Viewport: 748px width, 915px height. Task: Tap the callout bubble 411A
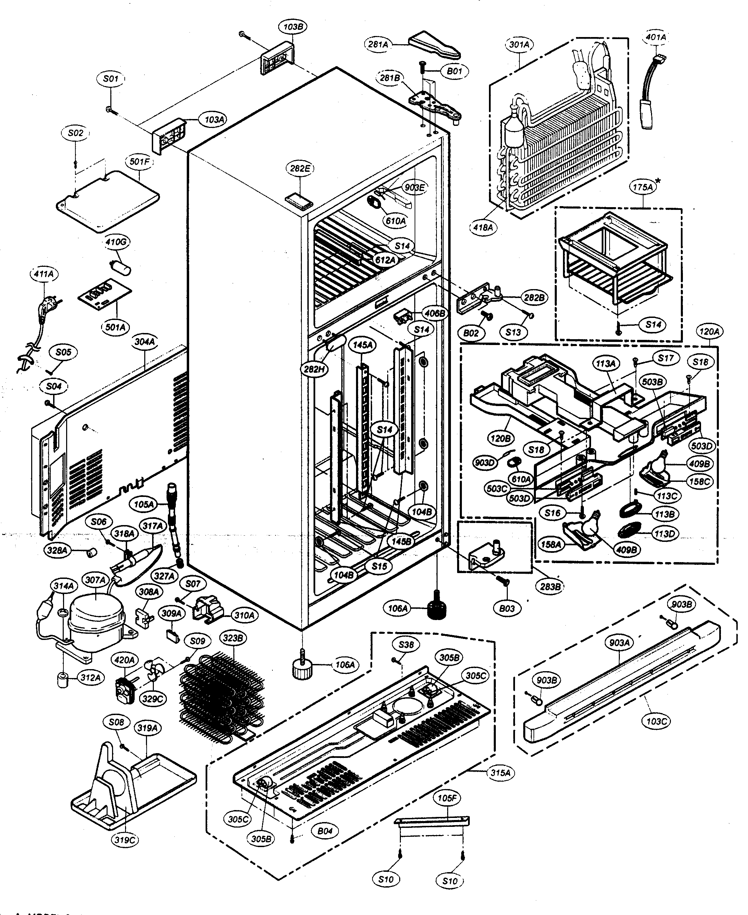[x=44, y=274]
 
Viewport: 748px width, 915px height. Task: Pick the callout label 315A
[x=500, y=773]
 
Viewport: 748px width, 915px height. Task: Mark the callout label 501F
[x=139, y=162]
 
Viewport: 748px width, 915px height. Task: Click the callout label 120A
[x=709, y=332]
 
